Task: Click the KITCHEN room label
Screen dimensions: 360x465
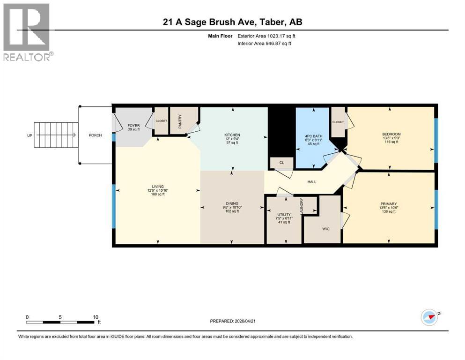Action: (x=232, y=135)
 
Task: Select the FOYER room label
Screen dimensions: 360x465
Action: (x=134, y=125)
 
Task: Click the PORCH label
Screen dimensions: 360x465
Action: (x=96, y=135)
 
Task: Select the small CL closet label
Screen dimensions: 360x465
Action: (x=281, y=163)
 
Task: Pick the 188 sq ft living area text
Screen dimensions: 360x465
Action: (x=157, y=194)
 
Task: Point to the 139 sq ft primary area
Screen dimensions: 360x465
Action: (x=389, y=211)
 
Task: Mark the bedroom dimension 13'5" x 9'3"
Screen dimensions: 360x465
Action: (x=391, y=138)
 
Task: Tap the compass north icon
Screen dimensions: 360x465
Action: (x=429, y=317)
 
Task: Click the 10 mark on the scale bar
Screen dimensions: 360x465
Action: (x=95, y=317)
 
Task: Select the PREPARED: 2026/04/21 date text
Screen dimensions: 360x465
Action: (x=234, y=321)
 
